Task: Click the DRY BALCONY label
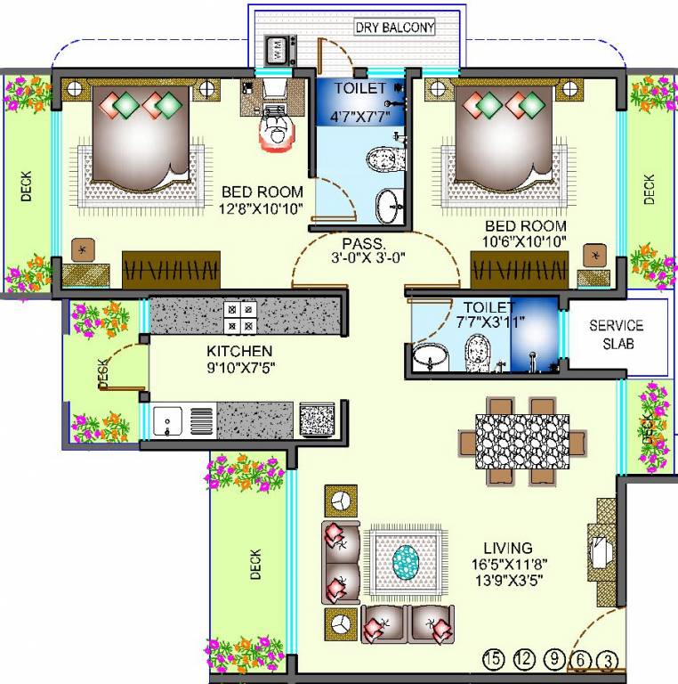click(x=395, y=28)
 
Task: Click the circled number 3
click(x=609, y=660)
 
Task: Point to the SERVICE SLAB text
click(x=616, y=335)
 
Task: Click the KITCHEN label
click(x=239, y=351)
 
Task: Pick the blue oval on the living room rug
click(x=406, y=560)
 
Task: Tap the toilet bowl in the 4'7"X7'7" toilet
click(x=382, y=160)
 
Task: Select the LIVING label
click(x=507, y=548)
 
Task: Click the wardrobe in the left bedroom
click(x=171, y=268)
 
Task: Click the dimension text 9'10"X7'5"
click(x=239, y=366)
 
